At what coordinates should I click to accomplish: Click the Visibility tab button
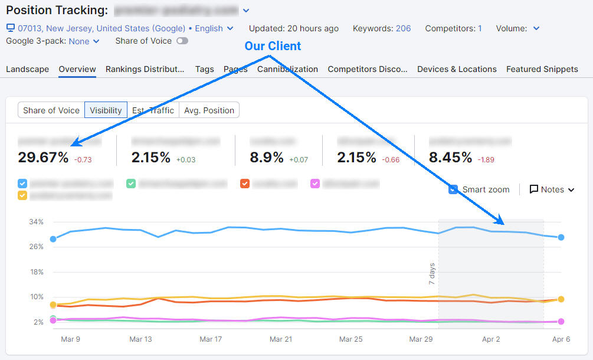(x=106, y=110)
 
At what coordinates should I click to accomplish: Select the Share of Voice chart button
(x=51, y=110)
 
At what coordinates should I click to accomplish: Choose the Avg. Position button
(x=209, y=110)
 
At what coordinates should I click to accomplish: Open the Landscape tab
(x=28, y=69)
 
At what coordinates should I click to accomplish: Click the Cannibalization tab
(x=287, y=69)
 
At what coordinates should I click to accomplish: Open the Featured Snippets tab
(x=542, y=69)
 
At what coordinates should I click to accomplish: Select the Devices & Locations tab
(x=457, y=69)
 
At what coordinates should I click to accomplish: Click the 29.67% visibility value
(x=43, y=158)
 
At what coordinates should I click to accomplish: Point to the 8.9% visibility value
(x=267, y=158)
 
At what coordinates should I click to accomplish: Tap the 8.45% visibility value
(x=450, y=158)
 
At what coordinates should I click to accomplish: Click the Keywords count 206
(x=403, y=28)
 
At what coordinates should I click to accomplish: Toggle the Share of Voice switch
(x=182, y=41)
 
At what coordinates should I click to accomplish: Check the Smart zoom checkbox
(x=453, y=189)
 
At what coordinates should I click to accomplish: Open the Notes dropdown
(x=552, y=189)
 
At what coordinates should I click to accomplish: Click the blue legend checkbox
(x=22, y=184)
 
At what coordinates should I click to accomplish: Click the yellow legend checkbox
(x=22, y=195)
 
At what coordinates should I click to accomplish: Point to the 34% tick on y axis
(x=37, y=222)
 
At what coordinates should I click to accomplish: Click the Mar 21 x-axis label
(x=280, y=339)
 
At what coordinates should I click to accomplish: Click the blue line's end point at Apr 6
(x=561, y=237)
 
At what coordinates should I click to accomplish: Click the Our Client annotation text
(x=273, y=46)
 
